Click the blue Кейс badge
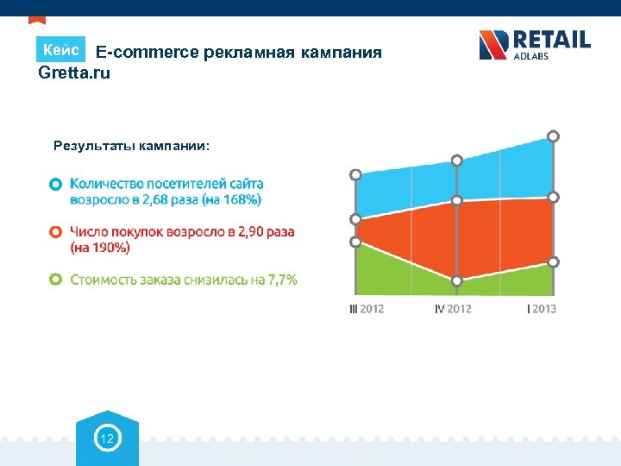tap(60, 49)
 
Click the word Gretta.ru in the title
tap(75, 72)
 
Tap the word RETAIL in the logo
tap(552, 40)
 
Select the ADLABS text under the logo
tap(530, 57)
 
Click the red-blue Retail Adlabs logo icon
tap(494, 45)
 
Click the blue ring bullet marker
tap(55, 184)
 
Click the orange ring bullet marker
tap(55, 232)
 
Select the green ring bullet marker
tap(55, 280)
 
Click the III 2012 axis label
tap(367, 309)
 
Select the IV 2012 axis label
tap(453, 309)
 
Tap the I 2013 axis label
tap(542, 309)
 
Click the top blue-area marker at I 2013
tap(553, 135)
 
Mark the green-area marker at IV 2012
tap(457, 280)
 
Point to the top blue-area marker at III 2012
tap(355, 174)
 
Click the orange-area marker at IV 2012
tap(457, 200)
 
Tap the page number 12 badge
tap(108, 440)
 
